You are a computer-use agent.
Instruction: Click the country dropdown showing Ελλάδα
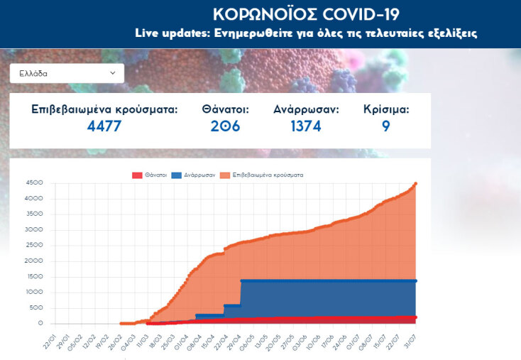tap(67, 73)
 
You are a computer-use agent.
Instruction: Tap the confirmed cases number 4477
tap(104, 126)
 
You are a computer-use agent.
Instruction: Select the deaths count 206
tap(225, 126)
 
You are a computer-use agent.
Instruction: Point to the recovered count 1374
tap(306, 126)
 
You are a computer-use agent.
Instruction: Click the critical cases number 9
tap(385, 126)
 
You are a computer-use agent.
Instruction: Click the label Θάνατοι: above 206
tap(225, 109)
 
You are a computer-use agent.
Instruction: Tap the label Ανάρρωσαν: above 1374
tap(306, 109)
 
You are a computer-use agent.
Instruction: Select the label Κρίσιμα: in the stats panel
tap(386, 109)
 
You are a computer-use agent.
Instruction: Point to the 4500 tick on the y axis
tap(34, 182)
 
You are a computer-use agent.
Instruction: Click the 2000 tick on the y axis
tap(34, 261)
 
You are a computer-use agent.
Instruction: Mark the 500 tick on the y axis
tap(36, 307)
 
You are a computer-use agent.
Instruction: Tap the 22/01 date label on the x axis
tap(48, 337)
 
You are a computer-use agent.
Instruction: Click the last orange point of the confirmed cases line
tap(415, 183)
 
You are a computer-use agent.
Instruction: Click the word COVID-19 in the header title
tap(361, 14)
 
